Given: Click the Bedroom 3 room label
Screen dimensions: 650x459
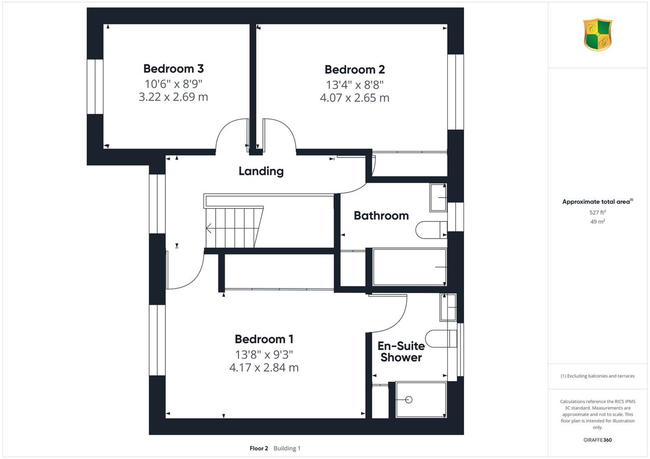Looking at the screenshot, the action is point(173,69).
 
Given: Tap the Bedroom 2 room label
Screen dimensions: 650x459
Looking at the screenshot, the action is point(354,70).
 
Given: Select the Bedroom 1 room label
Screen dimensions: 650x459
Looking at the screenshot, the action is point(264,339).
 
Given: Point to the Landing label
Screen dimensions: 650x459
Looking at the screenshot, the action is point(261,171).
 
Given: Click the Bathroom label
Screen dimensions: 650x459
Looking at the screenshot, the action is point(381,216).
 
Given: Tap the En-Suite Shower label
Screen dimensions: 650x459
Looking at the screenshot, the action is point(401,352).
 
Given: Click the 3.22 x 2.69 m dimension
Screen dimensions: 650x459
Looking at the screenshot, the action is point(173,97).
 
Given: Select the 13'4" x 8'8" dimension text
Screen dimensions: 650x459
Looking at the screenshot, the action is point(354,85).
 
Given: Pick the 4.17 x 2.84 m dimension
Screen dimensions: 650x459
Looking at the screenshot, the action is point(264,368).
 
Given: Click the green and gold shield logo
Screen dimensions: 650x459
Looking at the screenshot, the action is point(598,35).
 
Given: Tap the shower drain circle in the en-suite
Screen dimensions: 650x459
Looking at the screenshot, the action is point(409,400).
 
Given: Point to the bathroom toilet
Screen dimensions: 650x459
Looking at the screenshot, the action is point(431,230).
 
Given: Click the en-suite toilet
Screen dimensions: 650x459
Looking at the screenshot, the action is point(441,338).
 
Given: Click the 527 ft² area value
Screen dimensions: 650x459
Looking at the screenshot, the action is point(598,212).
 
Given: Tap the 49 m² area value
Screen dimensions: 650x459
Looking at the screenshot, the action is point(598,222).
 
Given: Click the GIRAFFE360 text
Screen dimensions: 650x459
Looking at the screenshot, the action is point(598,440).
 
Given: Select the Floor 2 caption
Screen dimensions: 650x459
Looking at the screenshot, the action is point(259,448).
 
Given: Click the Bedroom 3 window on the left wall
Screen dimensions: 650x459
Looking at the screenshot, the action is point(95,87).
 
